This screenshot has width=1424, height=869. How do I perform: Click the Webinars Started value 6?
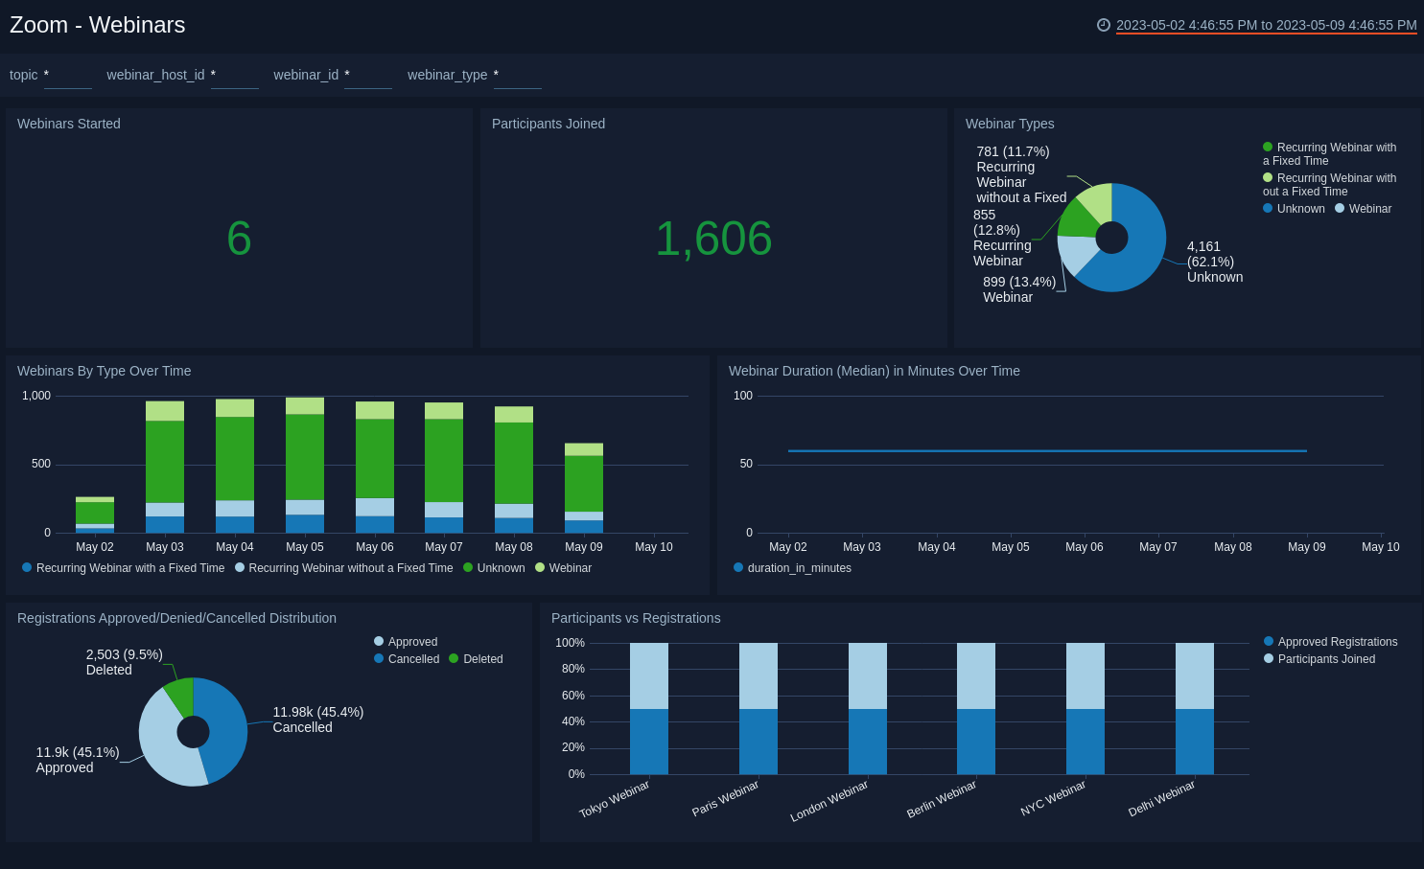coord(239,239)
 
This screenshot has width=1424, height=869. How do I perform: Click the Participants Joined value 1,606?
coord(713,239)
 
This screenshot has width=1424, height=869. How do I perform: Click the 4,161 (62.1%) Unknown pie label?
coord(1213,262)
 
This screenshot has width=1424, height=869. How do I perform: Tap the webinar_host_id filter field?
coord(234,76)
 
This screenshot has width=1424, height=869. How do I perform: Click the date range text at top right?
coord(1266,25)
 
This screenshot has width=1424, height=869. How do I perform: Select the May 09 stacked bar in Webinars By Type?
coord(584,488)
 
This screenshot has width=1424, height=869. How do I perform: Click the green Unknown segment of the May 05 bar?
coord(305,457)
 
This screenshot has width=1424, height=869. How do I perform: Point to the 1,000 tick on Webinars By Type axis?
coord(36,396)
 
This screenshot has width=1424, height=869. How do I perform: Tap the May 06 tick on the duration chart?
coord(1084,547)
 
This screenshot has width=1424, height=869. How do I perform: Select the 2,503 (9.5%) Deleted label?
coord(124,662)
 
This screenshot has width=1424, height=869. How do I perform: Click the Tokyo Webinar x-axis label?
coord(615,799)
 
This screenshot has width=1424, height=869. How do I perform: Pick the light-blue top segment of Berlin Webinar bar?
coord(976,675)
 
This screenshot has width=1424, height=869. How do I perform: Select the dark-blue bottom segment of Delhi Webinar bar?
coord(1194,742)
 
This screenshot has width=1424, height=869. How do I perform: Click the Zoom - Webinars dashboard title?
coord(98,25)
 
